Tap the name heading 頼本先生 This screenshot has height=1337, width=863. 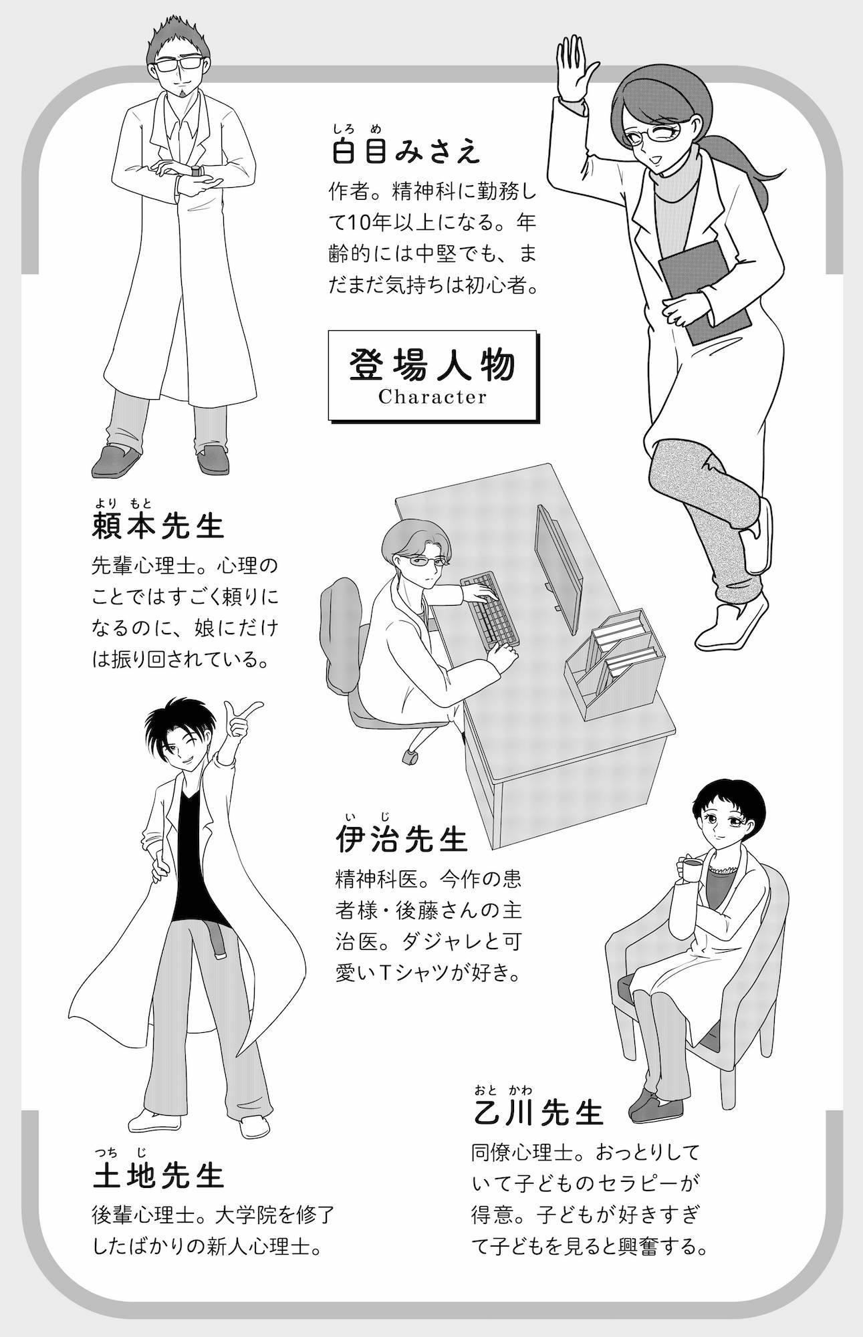(158, 526)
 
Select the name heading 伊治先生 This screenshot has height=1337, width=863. (401, 840)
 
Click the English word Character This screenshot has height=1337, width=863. (433, 398)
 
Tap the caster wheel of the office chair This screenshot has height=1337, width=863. (410, 757)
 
